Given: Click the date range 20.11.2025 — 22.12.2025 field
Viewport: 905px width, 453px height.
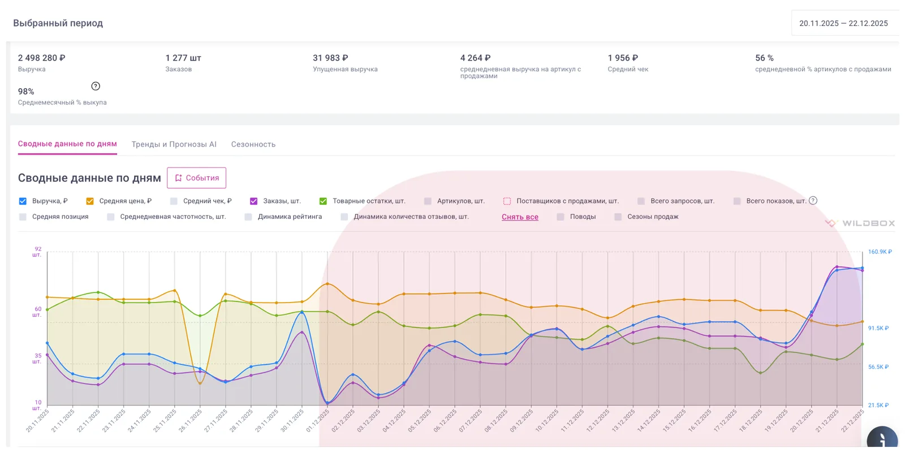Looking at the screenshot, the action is pyautogui.click(x=843, y=23).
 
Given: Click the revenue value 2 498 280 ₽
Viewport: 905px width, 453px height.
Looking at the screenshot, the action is pyautogui.click(x=42, y=58).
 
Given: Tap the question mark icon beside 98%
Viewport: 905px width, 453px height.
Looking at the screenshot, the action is pyautogui.click(x=96, y=86).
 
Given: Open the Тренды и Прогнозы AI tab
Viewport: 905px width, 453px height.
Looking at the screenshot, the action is pyautogui.click(x=174, y=144).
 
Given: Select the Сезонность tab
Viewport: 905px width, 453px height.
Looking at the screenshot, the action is pyautogui.click(x=253, y=144).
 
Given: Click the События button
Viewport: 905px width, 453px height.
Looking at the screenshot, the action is pyautogui.click(x=196, y=178).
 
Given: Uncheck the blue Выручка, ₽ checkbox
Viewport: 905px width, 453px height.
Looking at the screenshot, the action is pyautogui.click(x=23, y=201).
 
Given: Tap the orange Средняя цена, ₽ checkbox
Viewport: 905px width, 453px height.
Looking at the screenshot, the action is pyautogui.click(x=90, y=201).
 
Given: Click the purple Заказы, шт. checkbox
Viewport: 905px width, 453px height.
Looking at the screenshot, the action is pyautogui.click(x=254, y=201).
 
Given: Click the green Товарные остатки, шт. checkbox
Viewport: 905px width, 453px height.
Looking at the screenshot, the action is pyautogui.click(x=323, y=201).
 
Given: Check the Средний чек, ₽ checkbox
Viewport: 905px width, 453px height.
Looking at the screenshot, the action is pyautogui.click(x=174, y=201).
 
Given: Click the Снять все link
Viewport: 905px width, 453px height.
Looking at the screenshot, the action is pyautogui.click(x=520, y=217).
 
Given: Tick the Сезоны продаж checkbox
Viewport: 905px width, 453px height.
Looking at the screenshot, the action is pyautogui.click(x=618, y=217).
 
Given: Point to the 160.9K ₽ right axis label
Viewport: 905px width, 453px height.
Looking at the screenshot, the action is pyautogui.click(x=880, y=252).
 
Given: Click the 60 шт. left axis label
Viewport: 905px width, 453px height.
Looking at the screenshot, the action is pyautogui.click(x=37, y=312).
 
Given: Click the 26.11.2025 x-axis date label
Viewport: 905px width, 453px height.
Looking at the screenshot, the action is pyautogui.click(x=191, y=421).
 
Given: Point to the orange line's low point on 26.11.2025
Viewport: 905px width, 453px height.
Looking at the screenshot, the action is pyautogui.click(x=200, y=383).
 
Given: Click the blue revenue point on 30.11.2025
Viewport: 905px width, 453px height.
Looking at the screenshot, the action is pyautogui.click(x=302, y=312).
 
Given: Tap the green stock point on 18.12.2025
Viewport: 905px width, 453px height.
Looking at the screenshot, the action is pyautogui.click(x=760, y=373).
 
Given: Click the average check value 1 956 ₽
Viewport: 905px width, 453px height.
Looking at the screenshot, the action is pyautogui.click(x=623, y=58).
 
